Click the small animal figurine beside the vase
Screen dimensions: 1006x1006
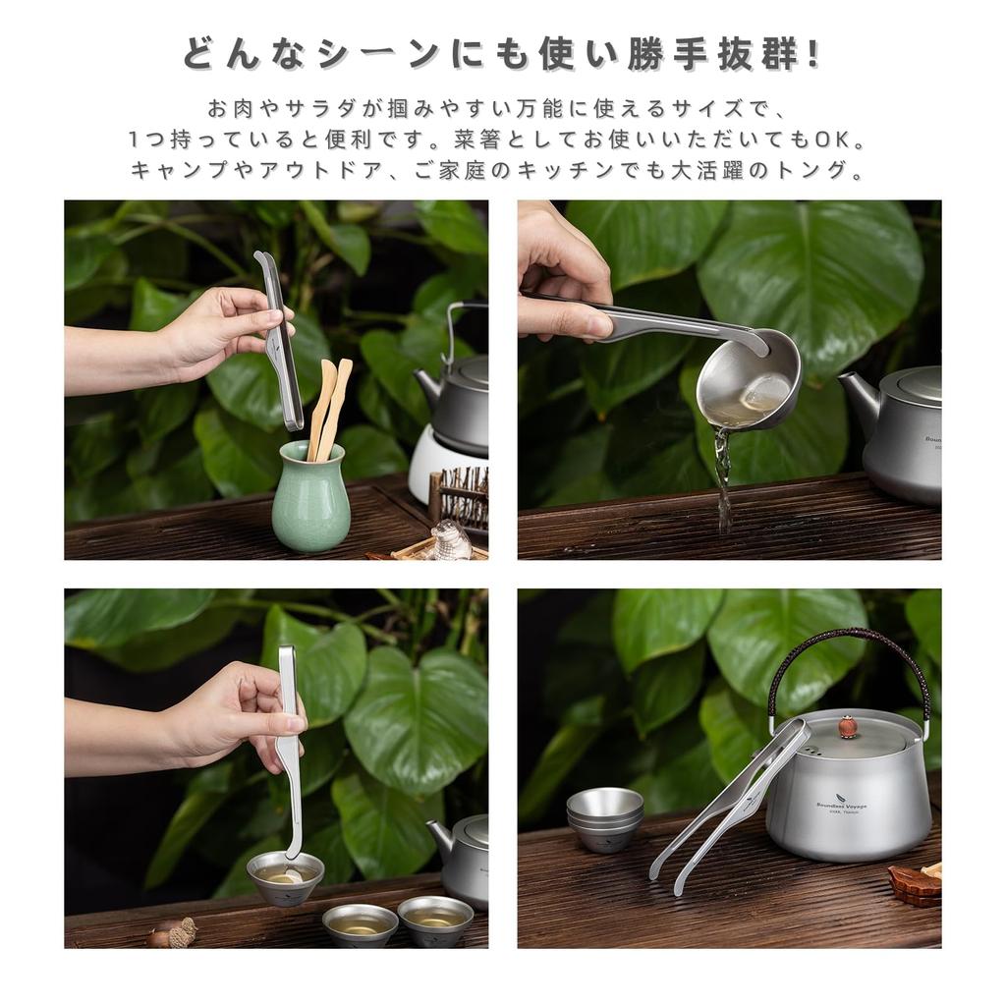pos(451,539)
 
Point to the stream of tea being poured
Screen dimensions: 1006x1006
pos(723,481)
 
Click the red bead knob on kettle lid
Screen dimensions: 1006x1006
pos(847,729)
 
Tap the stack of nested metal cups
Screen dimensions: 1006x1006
pos(603,817)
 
